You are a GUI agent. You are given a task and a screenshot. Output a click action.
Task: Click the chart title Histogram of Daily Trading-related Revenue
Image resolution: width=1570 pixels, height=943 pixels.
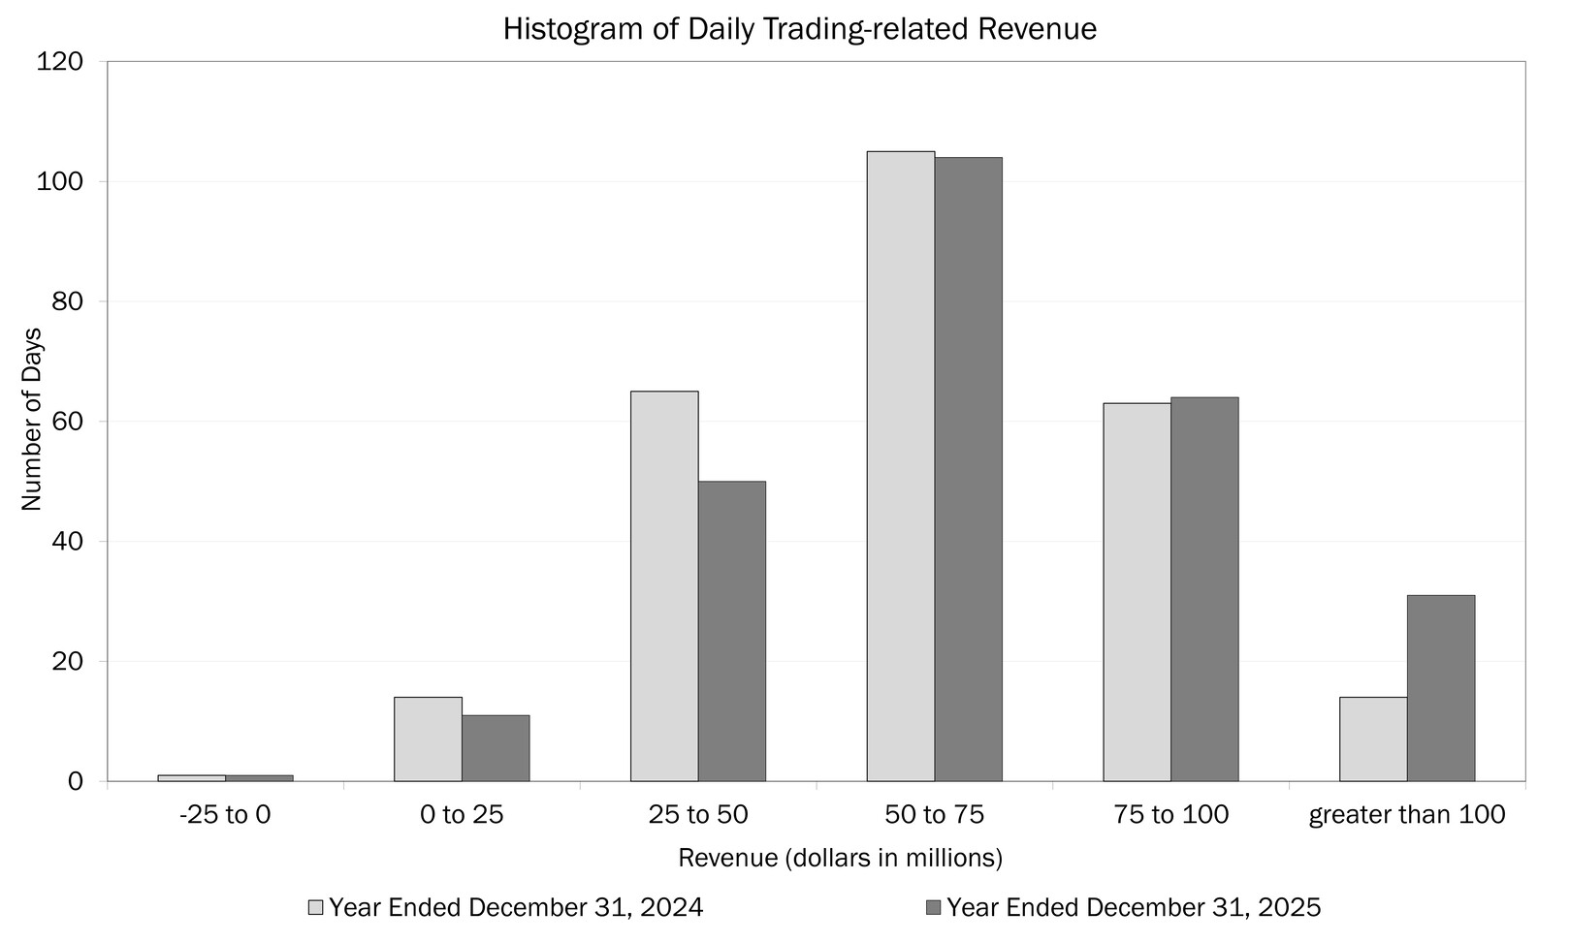click(799, 29)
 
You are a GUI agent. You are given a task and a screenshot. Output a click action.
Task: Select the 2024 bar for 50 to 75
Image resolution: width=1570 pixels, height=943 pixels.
click(901, 466)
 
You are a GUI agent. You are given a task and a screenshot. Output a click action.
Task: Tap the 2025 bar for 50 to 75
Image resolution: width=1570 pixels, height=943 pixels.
click(969, 469)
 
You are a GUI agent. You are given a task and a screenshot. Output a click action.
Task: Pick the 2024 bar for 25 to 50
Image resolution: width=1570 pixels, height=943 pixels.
click(664, 586)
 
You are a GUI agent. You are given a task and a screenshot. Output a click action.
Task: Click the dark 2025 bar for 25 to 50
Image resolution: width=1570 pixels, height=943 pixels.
click(732, 631)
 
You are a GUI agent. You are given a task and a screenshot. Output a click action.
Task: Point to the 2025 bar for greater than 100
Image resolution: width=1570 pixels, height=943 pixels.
click(1441, 688)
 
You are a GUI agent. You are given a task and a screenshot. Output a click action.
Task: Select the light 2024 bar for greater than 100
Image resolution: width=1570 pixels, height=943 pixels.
click(1373, 739)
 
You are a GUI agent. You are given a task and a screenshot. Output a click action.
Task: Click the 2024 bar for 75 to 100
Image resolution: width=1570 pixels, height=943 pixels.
click(1137, 592)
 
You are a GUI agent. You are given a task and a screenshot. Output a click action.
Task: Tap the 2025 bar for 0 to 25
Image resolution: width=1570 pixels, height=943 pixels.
click(496, 748)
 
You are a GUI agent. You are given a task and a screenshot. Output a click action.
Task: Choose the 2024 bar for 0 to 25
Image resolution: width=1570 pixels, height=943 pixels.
click(428, 739)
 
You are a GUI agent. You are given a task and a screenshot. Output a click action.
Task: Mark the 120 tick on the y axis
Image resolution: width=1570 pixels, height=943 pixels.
click(73, 62)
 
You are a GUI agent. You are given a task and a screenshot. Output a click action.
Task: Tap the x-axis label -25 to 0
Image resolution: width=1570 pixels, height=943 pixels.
click(225, 814)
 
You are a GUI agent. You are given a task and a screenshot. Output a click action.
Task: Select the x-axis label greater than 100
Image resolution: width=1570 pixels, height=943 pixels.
click(1406, 814)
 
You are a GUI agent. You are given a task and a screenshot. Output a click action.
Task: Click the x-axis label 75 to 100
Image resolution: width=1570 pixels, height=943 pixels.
click(1170, 814)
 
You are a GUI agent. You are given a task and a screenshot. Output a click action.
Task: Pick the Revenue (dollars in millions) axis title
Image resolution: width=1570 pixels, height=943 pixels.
click(840, 858)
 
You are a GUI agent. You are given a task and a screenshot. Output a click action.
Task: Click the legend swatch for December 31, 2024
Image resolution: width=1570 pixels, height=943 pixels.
click(315, 907)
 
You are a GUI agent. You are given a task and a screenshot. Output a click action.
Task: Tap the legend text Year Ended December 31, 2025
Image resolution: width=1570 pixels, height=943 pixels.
click(1133, 907)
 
